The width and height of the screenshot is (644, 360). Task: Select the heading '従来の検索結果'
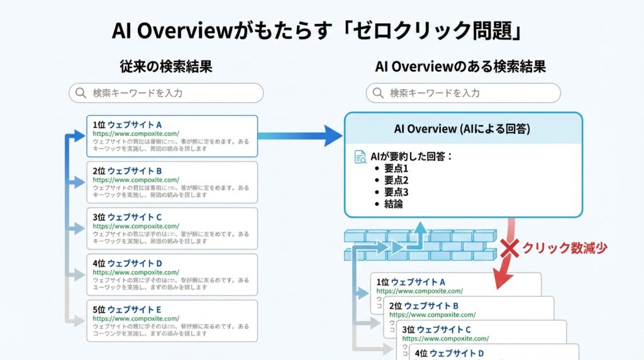click(165, 66)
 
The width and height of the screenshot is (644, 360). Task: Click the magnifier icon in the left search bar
click(80, 93)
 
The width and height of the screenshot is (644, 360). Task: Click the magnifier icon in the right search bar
click(377, 93)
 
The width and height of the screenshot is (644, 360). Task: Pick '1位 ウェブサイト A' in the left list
click(127, 125)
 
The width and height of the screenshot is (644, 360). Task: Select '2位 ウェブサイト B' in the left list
click(127, 171)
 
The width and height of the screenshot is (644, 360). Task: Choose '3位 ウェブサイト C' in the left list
click(127, 217)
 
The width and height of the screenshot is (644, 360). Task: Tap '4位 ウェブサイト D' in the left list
click(127, 263)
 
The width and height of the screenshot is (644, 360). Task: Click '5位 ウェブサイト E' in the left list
click(127, 310)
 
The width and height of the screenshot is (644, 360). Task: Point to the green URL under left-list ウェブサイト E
click(136, 318)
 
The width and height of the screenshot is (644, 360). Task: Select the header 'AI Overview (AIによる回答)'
click(462, 128)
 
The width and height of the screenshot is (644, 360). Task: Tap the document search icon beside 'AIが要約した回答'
click(360, 157)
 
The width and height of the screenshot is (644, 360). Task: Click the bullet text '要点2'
click(396, 181)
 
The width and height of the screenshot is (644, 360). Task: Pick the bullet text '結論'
click(393, 204)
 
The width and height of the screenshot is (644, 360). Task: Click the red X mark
click(509, 249)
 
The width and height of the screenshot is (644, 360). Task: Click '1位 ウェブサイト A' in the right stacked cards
click(411, 282)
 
